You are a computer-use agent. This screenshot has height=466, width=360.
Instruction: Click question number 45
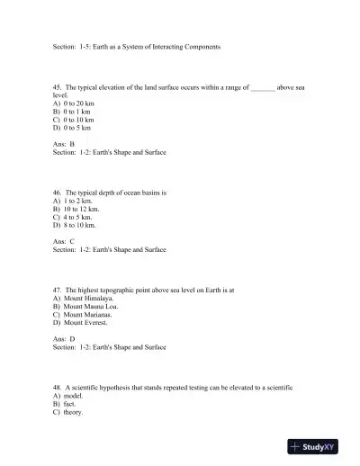[x=58, y=87]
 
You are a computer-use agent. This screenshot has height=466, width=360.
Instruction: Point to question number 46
[x=58, y=193]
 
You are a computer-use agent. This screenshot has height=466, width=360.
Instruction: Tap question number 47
[x=58, y=291]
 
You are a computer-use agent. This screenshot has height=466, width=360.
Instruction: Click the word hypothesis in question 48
[x=117, y=388]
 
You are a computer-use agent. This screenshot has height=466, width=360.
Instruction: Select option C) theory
[x=68, y=412]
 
